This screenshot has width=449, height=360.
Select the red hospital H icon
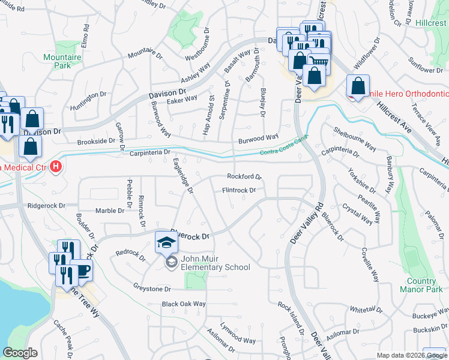pos(56,166)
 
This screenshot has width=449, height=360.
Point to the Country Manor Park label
pos(421,286)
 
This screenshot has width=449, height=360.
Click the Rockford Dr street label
pos(244,176)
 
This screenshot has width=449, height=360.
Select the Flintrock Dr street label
pos(239,190)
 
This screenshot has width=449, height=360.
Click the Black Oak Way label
pos(183,304)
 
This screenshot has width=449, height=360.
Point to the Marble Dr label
pos(109,211)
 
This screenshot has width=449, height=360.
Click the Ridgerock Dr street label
pos(45,205)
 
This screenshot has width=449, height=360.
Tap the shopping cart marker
pos(319,60)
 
